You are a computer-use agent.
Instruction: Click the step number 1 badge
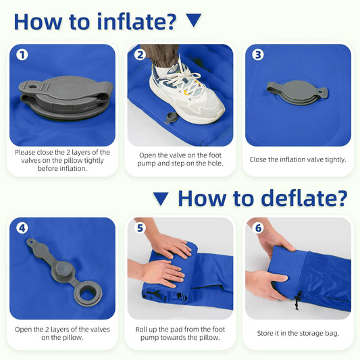coord(22,55)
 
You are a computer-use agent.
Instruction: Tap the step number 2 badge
coord(140,55)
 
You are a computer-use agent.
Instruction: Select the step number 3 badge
coord(258,55)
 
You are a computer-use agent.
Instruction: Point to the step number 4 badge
coord(22,228)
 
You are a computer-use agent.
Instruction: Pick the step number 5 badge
coord(140,228)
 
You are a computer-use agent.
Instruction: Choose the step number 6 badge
coord(258,228)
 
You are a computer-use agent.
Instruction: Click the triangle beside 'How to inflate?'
coord(194,20)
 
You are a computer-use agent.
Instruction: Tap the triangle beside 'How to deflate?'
coord(161,199)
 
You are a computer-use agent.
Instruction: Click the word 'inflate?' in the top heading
coord(137,22)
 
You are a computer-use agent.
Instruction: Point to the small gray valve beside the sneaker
coord(170,118)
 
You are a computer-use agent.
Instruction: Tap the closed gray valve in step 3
coord(298,93)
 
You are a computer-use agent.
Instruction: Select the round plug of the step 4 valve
coord(63,269)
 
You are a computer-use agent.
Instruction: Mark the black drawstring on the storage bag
coord(298,301)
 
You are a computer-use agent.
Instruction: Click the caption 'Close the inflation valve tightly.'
coord(298,159)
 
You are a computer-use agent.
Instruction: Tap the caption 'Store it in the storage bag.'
coord(298,333)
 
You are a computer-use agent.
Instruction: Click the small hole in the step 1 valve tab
coord(33,86)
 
